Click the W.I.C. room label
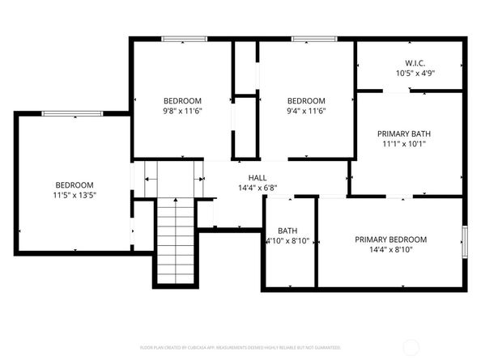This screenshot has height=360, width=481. click(411, 62)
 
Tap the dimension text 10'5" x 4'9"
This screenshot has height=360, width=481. click(411, 73)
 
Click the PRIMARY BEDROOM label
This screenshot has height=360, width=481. click(390, 239)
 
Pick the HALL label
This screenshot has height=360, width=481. click(258, 177)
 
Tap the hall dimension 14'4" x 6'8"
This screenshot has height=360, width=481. click(258, 188)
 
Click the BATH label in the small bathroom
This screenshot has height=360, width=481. click(287, 230)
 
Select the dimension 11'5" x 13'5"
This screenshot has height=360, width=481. click(74, 195)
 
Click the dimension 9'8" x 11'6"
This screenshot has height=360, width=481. click(181, 111)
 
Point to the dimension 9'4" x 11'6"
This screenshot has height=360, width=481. click(305, 111)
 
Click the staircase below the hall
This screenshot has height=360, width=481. click(174, 238)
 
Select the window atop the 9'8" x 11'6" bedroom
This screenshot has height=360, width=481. click(183, 39)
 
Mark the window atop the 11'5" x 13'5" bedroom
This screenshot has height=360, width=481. click(66, 113)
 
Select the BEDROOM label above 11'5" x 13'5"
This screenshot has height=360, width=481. click(74, 184)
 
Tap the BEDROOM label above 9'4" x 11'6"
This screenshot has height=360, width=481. click(305, 100)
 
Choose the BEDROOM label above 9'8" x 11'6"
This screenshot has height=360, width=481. click(181, 100)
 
